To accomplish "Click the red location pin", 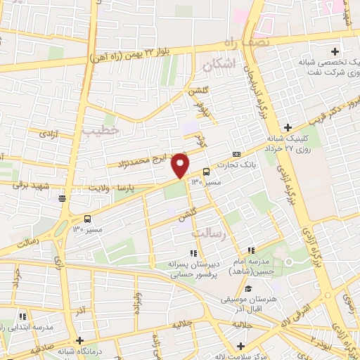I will tap(181, 165).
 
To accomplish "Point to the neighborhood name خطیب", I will tap(97, 130).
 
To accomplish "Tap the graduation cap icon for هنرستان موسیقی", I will tap(247, 288).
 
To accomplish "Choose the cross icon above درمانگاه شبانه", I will tap(81, 340).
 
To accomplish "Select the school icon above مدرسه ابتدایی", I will tap(22, 318).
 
